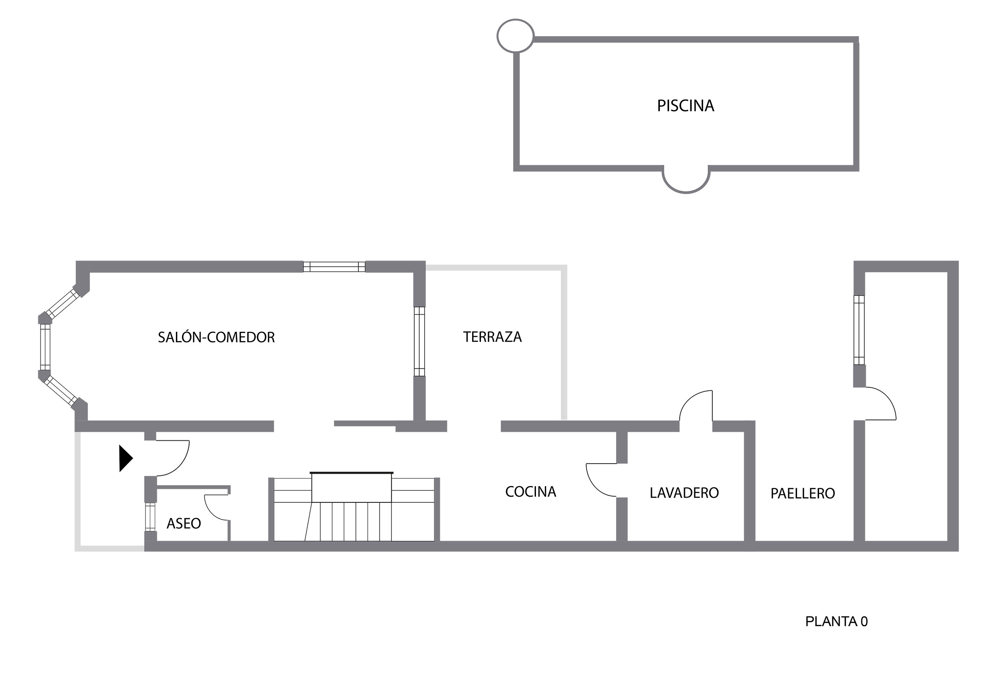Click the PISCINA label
(x=685, y=106)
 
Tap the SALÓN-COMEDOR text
(x=216, y=337)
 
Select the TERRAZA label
(x=492, y=337)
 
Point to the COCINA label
(x=530, y=491)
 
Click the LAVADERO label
(x=684, y=493)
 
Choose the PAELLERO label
(x=802, y=493)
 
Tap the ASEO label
(x=183, y=523)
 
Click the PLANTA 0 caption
(x=836, y=621)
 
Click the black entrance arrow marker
(x=126, y=458)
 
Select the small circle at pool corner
(x=515, y=36)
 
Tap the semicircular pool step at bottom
(x=686, y=181)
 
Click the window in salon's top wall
(x=334, y=267)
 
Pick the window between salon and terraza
(x=419, y=342)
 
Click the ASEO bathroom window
(x=150, y=516)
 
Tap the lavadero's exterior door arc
(x=696, y=405)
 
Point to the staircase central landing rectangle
(x=351, y=487)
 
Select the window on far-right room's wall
(x=859, y=330)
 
